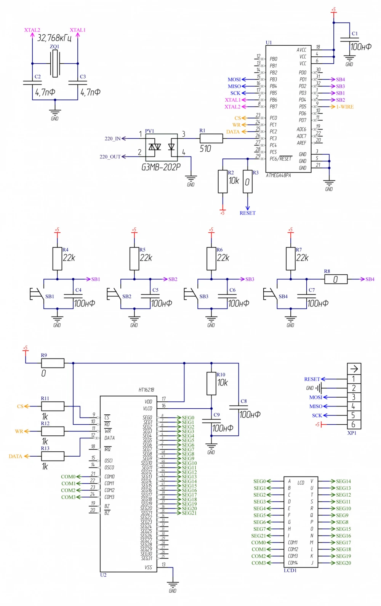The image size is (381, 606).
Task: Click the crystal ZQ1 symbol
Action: point(55,64)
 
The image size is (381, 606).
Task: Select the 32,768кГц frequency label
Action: point(54,38)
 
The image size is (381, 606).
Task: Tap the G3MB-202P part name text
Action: point(161,167)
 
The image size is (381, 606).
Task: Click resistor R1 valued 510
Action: point(211,138)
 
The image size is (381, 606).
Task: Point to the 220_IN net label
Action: point(112,139)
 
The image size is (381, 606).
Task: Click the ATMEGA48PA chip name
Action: point(278,176)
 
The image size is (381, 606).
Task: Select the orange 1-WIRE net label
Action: point(345,107)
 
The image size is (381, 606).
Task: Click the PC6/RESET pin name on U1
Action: point(280,159)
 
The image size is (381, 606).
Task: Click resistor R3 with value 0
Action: point(248,182)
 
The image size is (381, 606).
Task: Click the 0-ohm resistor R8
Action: point(336,279)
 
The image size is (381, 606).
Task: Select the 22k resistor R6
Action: point(211,259)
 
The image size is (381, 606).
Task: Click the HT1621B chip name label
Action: point(146,390)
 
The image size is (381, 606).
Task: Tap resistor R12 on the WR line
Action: point(52,431)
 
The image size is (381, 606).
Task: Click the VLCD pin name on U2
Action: point(147,408)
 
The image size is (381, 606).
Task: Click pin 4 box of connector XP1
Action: point(354,406)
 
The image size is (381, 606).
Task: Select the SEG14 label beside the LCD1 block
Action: point(343,481)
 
